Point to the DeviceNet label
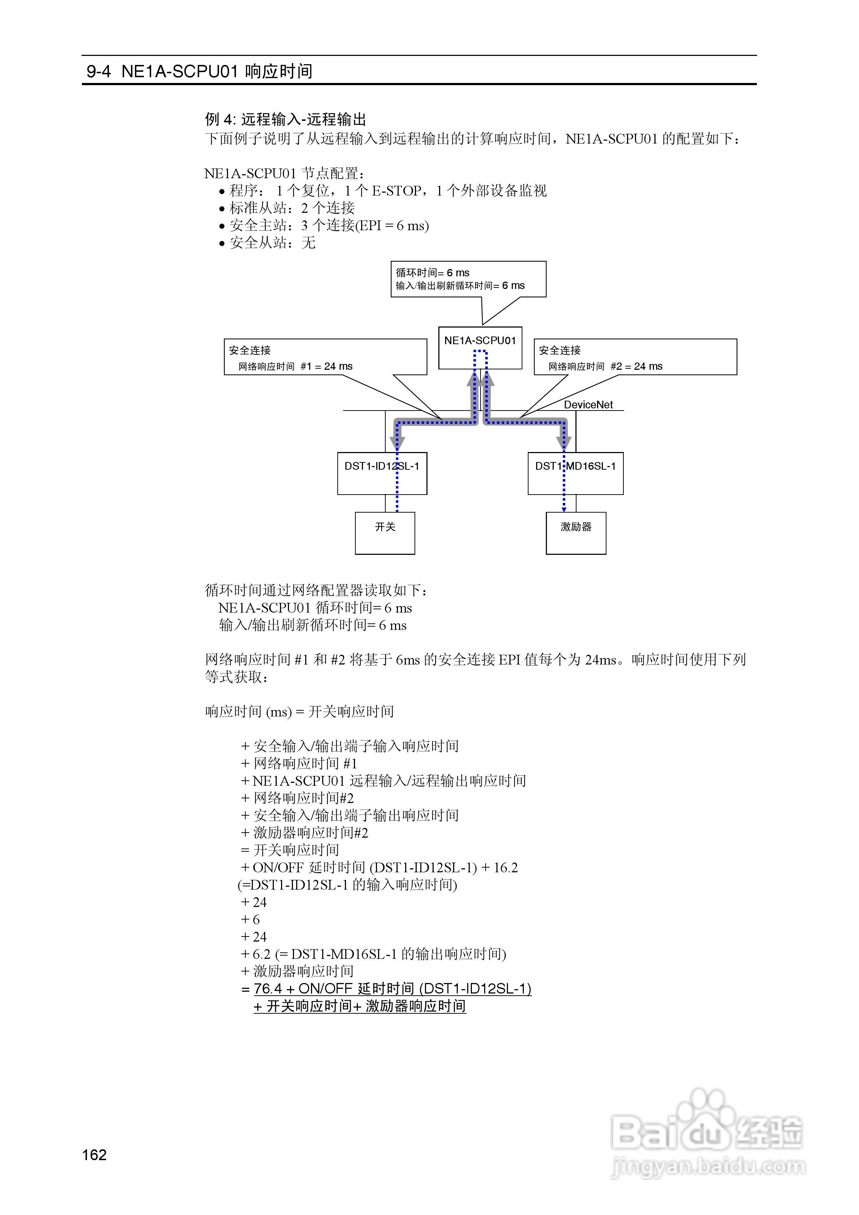pyautogui.click(x=588, y=405)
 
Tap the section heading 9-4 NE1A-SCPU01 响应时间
pyautogui.click(x=200, y=71)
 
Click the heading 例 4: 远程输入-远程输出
pyautogui.click(x=285, y=119)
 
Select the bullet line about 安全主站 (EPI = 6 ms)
pyautogui.click(x=324, y=225)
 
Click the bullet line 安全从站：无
pyautogui.click(x=267, y=243)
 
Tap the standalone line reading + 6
pyautogui.click(x=250, y=919)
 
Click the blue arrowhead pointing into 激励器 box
pyautogui.click(x=564, y=509)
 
